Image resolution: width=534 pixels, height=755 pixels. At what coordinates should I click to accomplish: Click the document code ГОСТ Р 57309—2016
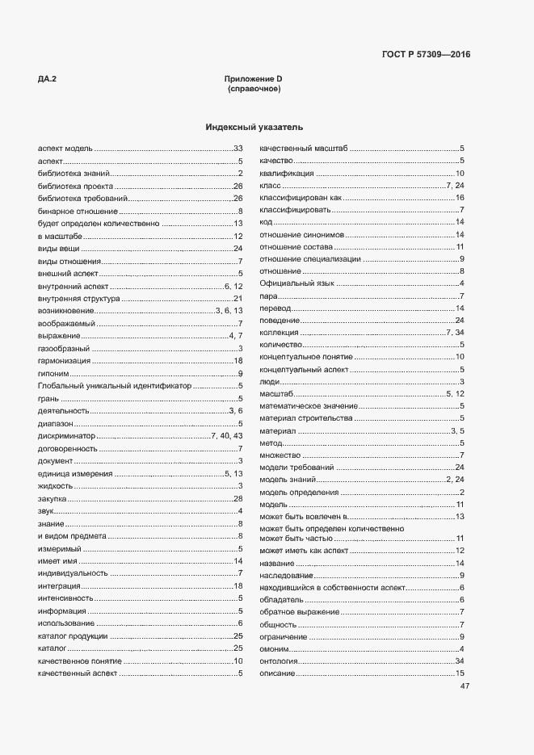(x=425, y=55)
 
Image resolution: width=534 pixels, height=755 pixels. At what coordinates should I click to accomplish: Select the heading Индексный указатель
(x=254, y=128)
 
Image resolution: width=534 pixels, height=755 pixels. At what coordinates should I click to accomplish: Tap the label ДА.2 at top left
(x=47, y=78)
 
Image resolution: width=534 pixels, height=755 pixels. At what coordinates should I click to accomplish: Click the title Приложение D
(x=254, y=78)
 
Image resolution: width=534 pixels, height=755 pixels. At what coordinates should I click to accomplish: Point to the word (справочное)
(x=254, y=89)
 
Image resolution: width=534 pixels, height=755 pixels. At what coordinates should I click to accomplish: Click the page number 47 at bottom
(x=465, y=686)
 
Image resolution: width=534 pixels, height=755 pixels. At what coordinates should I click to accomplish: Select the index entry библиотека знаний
(x=73, y=174)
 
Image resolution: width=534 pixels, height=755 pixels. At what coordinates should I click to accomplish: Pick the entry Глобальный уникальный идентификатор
(x=115, y=386)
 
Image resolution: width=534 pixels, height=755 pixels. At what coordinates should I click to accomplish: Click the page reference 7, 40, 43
(x=227, y=436)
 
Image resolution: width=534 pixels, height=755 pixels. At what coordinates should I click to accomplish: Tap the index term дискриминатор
(x=66, y=436)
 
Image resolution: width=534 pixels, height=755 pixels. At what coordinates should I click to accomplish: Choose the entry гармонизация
(x=64, y=361)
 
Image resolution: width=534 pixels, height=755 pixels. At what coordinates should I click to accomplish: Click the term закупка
(x=52, y=498)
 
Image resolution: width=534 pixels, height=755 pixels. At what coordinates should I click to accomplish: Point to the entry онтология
(x=280, y=661)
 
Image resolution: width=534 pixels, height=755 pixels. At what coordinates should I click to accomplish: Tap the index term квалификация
(x=286, y=174)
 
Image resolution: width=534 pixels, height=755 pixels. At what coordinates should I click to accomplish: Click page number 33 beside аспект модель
(x=238, y=149)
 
